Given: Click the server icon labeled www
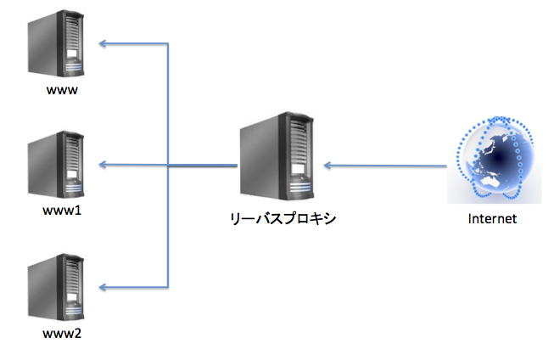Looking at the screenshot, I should click(57, 48).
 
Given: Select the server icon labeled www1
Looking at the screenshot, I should click(57, 166).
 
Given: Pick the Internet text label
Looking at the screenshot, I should click(492, 218).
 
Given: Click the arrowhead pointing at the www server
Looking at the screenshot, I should click(102, 42).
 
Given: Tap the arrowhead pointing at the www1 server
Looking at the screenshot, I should click(102, 163).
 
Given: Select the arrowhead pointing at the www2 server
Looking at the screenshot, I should click(102, 285).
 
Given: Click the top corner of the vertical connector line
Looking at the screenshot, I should click(168, 42).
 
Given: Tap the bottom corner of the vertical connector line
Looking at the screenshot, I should click(168, 285).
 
